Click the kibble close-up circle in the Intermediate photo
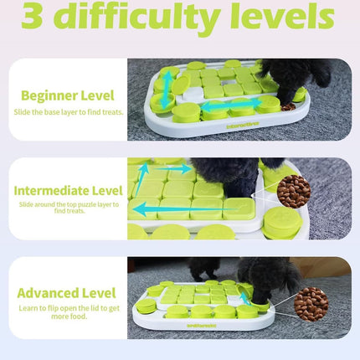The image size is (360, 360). pyautogui.click(x=294, y=191)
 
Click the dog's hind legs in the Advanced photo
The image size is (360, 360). pyautogui.click(x=202, y=270)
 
